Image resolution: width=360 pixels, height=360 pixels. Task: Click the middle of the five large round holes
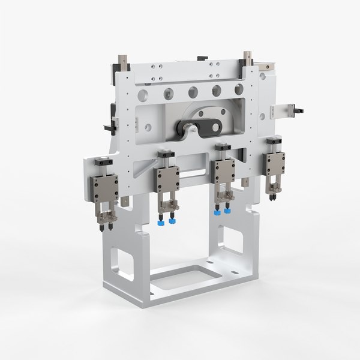(x=193, y=92)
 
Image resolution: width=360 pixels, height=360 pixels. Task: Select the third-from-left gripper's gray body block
(x=225, y=171)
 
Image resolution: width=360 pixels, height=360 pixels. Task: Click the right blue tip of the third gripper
(x=227, y=211)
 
